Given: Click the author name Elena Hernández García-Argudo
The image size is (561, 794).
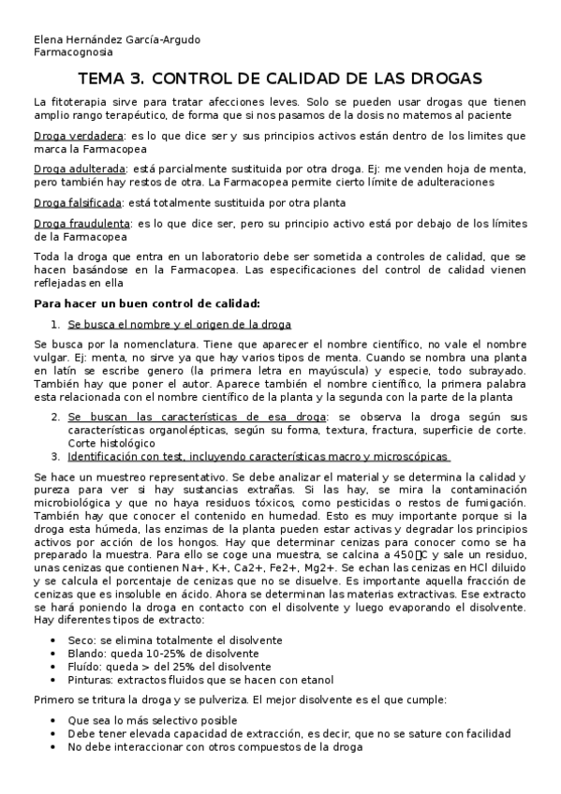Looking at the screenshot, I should point(116,40).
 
